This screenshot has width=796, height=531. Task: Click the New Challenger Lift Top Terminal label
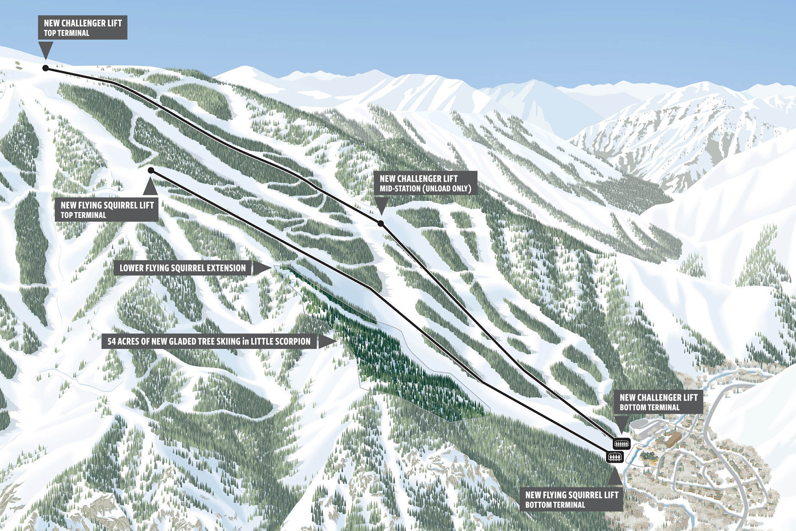83,27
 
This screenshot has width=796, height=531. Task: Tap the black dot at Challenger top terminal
46,68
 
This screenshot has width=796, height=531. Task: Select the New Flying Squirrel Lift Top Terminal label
107,210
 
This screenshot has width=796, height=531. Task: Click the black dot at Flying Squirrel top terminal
151,170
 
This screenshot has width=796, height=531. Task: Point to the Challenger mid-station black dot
381,223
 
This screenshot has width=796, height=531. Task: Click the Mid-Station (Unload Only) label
425,189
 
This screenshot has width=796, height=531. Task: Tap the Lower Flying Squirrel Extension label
182,268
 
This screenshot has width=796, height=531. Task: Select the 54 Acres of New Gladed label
209,341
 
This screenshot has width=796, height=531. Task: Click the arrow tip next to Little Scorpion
336,341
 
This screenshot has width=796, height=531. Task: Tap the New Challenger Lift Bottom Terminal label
658,402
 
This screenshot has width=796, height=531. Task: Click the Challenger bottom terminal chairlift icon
621,443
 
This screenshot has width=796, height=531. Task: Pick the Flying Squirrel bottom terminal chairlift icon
615,457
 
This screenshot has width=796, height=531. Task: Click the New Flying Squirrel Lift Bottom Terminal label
571,500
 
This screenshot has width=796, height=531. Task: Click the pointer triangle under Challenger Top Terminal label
46,49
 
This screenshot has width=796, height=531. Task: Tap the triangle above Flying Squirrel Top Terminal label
150,188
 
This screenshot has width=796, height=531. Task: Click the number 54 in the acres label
111,341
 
